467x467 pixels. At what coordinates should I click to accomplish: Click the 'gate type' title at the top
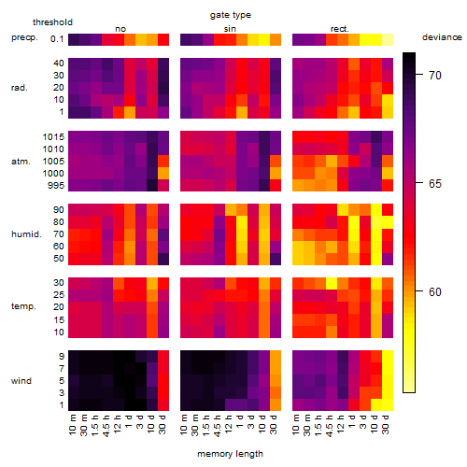231,15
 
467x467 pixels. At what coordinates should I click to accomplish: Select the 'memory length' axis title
230,454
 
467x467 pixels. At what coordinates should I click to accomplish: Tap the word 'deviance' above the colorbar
442,37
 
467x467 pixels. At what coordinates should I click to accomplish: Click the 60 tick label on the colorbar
435,291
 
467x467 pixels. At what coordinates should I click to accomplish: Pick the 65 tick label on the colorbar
435,183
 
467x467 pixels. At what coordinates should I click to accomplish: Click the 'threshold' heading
52,22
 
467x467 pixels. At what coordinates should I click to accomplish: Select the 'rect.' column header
339,29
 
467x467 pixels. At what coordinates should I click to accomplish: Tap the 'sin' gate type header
230,29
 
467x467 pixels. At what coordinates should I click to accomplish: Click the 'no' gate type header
120,29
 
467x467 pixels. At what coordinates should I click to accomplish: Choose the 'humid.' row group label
26,234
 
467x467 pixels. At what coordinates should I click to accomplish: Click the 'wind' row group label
21,381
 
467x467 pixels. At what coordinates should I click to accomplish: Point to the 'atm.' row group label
21,162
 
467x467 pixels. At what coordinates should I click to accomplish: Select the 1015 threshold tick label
53,137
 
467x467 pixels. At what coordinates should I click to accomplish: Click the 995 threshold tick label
56,186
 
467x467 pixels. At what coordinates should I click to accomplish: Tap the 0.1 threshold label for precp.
57,39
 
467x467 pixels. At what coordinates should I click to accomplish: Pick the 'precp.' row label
24,37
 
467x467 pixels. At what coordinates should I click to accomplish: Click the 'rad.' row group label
20,88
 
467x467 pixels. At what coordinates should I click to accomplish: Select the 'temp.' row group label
23,306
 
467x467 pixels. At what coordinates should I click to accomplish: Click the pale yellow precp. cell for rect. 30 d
388,39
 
